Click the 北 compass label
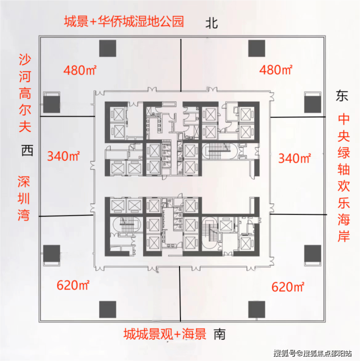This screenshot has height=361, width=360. [212, 23]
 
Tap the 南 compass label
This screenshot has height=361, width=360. [219, 334]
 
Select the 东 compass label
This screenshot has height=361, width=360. [342, 96]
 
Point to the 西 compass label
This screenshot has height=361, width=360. [27, 150]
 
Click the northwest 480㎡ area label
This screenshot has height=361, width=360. [80, 70]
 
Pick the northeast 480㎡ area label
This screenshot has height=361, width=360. [276, 70]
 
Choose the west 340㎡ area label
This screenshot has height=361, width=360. [64, 156]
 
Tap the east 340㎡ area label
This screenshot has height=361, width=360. [295, 158]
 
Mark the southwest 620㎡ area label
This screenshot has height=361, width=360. [73, 285]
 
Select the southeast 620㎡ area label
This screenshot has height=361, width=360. [288, 287]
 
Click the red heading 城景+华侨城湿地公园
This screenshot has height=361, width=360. [124, 21]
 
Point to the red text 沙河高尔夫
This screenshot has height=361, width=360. [25, 93]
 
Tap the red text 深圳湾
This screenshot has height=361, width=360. [24, 199]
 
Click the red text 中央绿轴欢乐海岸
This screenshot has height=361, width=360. [343, 177]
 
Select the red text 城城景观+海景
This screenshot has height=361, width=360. [165, 334]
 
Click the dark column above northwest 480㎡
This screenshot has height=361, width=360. [108, 48]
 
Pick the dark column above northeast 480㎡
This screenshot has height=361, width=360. [257, 48]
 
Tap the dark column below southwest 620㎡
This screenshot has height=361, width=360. [108, 309]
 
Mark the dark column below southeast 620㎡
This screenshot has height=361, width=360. [257, 309]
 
